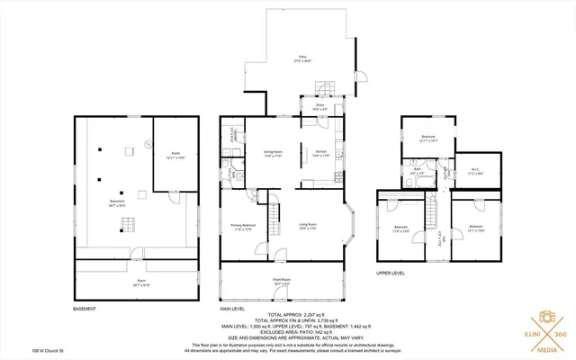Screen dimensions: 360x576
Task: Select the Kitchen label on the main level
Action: click(x=319, y=153)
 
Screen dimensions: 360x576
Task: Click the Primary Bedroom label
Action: click(x=243, y=226)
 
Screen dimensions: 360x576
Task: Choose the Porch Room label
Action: click(x=282, y=282)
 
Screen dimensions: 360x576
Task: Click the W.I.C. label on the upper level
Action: click(x=477, y=171)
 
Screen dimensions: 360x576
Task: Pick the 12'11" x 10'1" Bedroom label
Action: click(x=428, y=139)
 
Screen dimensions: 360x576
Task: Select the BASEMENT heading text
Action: click(x=85, y=309)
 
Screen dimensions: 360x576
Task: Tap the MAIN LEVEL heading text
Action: click(x=232, y=309)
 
